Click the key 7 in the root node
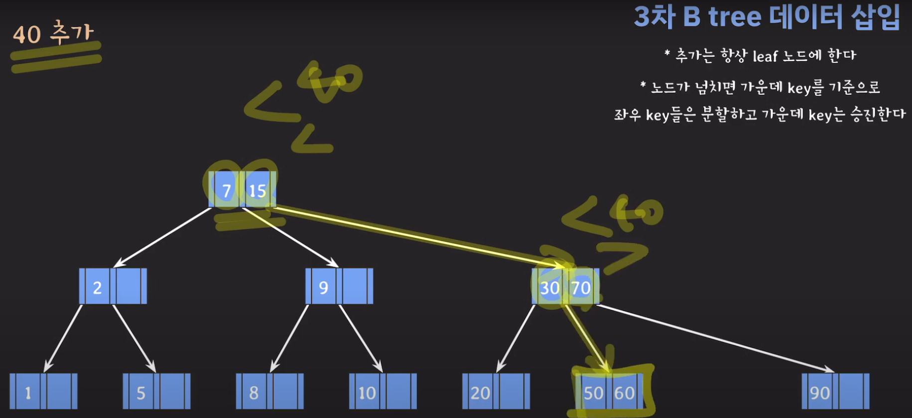tap(227, 190)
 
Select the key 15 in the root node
tap(258, 190)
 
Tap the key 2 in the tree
tap(98, 287)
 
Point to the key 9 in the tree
tap(324, 287)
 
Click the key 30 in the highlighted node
tap(550, 287)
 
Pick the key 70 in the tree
tap(581, 287)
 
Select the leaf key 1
tap(28, 393)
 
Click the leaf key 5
tap(141, 393)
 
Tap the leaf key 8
tap(254, 393)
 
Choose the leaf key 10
tap(367, 393)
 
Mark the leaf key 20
tap(480, 393)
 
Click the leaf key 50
tap(593, 393)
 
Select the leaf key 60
tap(624, 393)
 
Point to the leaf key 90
tap(820, 393)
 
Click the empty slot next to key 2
tap(129, 287)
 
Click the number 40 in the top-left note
tap(27, 35)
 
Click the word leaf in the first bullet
tap(765, 56)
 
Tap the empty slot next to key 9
tap(355, 287)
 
